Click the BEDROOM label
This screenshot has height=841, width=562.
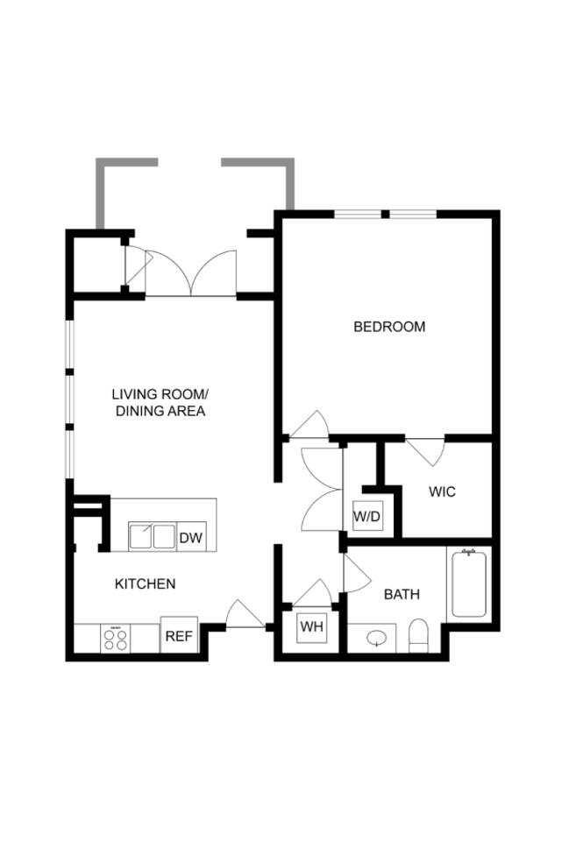click(x=389, y=327)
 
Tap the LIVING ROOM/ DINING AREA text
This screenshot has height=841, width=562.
click(x=160, y=402)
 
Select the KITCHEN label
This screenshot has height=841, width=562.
click(x=146, y=583)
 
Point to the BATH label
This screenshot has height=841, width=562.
click(x=402, y=594)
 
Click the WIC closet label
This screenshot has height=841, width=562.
click(x=442, y=491)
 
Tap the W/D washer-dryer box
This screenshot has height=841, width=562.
click(x=367, y=516)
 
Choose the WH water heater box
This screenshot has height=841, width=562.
click(x=312, y=626)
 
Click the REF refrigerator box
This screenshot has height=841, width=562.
click(x=178, y=636)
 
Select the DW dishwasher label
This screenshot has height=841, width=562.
click(x=190, y=538)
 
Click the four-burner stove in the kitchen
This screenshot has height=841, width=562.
click(x=116, y=637)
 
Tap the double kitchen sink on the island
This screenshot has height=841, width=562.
click(x=152, y=535)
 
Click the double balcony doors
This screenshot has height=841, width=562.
click(x=190, y=272)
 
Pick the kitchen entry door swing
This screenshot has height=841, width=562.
click(x=245, y=614)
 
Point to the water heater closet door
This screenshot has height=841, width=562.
click(x=312, y=592)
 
